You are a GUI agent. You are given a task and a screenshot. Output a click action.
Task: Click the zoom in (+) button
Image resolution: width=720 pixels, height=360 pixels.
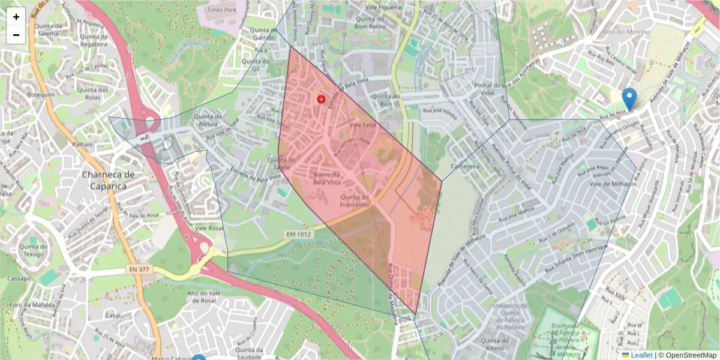[16, 17]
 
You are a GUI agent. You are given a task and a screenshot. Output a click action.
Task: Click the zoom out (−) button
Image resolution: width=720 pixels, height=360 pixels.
[16, 35]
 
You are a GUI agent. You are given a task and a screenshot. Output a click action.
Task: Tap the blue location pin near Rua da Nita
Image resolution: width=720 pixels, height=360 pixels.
[629, 98]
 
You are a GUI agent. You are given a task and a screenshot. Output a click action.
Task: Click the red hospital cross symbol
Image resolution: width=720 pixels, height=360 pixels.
[321, 99]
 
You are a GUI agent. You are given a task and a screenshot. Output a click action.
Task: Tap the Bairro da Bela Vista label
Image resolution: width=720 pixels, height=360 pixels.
[327, 178]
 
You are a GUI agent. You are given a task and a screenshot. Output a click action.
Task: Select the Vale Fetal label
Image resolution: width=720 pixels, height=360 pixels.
[362, 124]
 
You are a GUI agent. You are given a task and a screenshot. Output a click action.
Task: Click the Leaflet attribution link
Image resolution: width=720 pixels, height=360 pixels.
[641, 355]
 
